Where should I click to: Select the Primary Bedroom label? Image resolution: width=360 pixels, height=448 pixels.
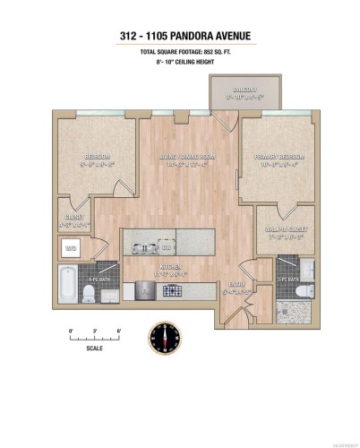coord(281,159)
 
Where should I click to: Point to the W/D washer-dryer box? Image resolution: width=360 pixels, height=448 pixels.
coord(71,246)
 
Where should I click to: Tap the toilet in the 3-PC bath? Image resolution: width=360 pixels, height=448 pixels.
coord(304,291)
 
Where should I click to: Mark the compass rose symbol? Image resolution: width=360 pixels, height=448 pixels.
coord(166,337)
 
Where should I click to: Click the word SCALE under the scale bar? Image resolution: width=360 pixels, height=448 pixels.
coord(95,349)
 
